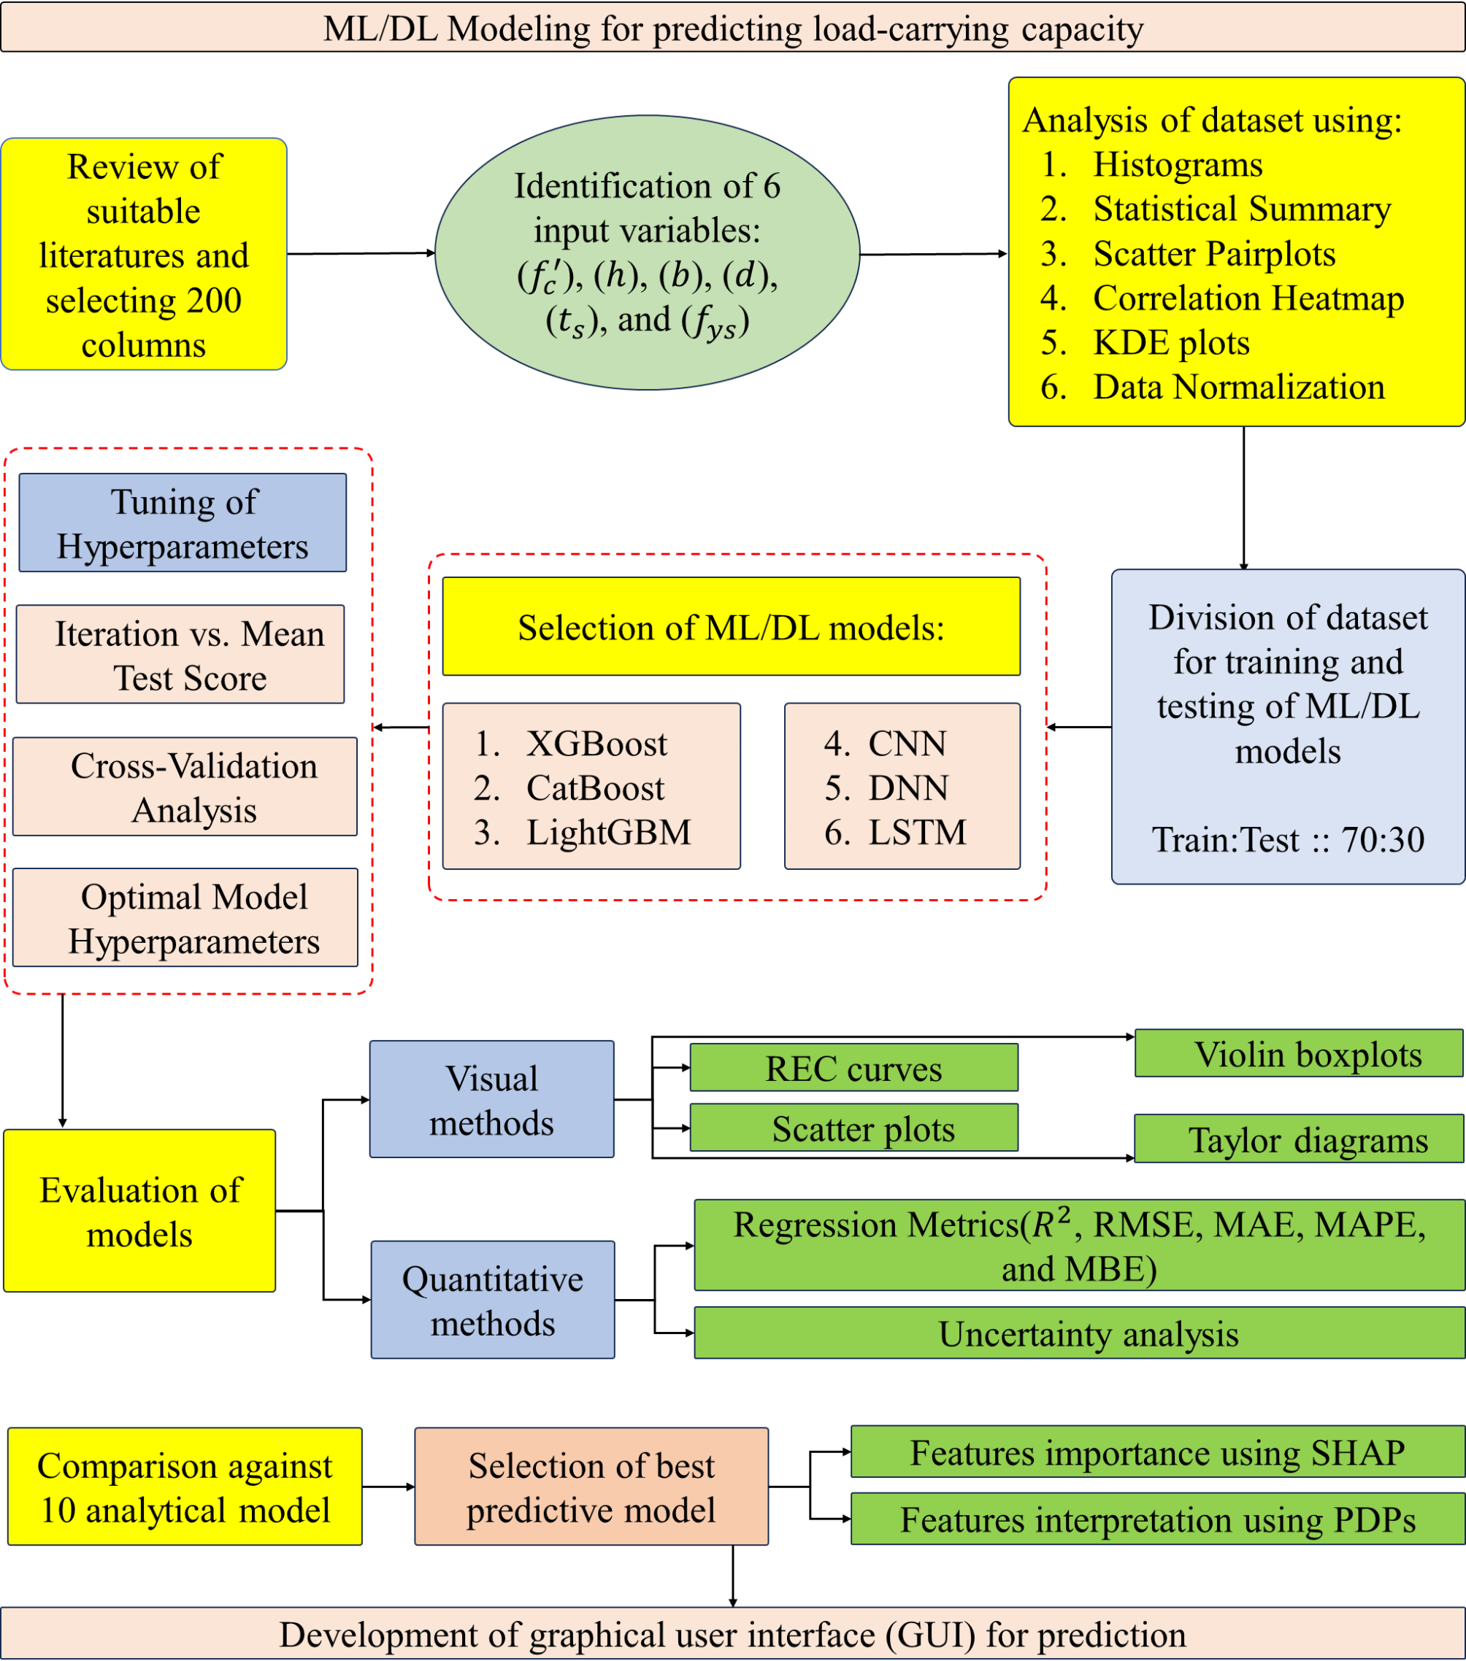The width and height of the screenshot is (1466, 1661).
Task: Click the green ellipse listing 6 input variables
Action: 648,253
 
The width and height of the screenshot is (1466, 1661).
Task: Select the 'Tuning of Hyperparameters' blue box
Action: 183,523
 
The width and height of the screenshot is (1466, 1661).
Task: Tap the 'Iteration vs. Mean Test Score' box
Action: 180,654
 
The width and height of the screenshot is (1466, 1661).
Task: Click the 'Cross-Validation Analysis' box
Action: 185,787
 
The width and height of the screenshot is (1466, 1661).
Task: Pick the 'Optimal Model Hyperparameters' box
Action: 185,917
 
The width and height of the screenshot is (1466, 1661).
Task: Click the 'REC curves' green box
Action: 853,1068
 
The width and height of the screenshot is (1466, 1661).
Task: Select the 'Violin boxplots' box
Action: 1299,1053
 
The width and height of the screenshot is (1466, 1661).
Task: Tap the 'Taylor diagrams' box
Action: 1299,1139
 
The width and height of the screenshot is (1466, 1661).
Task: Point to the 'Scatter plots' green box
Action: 853,1128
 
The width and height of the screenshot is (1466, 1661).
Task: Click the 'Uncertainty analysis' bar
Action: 1079,1333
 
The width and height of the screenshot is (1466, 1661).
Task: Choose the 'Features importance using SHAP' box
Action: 1157,1452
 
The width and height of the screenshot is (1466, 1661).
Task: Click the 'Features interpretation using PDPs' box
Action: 1157,1519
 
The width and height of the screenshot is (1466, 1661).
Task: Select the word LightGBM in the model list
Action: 608,832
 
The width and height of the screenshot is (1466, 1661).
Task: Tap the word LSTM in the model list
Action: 917,832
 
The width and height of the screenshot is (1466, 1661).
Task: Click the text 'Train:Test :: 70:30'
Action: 1288,839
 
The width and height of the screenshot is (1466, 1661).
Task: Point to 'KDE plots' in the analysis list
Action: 1171,342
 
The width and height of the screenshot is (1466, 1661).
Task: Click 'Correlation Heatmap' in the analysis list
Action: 1248,298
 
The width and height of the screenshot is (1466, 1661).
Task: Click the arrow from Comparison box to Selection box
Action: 388,1487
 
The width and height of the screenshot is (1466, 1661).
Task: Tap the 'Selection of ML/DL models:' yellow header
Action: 731,627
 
